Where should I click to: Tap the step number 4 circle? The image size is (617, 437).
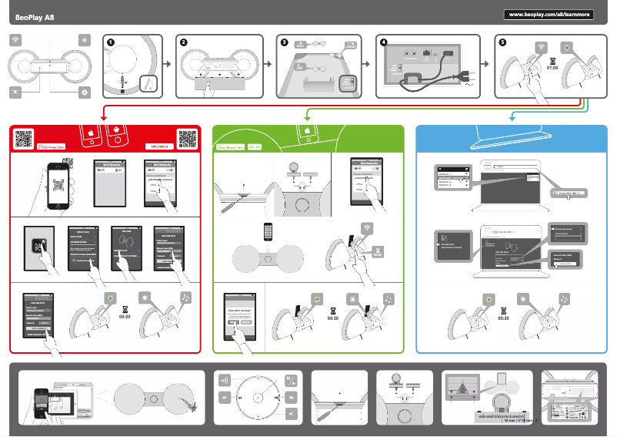pyautogui.click(x=383, y=43)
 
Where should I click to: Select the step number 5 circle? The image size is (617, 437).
pyautogui.click(x=502, y=43)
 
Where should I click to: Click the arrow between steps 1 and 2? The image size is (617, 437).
pyautogui.click(x=170, y=66)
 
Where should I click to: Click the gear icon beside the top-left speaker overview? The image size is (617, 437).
pyautogui.click(x=84, y=92)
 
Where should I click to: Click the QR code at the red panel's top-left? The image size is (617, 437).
pyautogui.click(x=25, y=138)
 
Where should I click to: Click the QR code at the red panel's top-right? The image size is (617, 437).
pyautogui.click(x=187, y=138)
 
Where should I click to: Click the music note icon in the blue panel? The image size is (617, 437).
pyautogui.click(x=565, y=297)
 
